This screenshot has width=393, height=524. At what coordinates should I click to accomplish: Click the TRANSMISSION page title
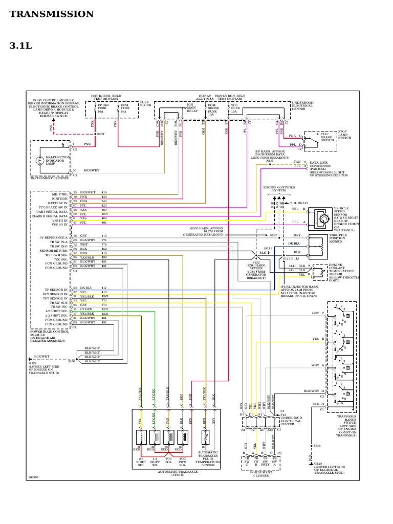tap(52, 14)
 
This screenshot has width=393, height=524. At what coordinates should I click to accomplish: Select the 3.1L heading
tap(20, 46)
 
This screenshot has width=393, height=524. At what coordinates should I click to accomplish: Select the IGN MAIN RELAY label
tap(191, 108)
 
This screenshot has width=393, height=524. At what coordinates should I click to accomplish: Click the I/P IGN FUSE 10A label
tap(103, 107)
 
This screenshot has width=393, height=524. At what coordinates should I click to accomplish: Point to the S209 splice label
tap(100, 134)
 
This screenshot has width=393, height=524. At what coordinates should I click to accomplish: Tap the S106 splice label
tap(71, 362)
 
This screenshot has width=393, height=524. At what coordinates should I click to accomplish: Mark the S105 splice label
tap(317, 446)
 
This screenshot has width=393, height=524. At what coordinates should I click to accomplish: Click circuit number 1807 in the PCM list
tap(104, 213)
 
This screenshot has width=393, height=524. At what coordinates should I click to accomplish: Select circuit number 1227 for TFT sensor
tap(104, 296)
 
